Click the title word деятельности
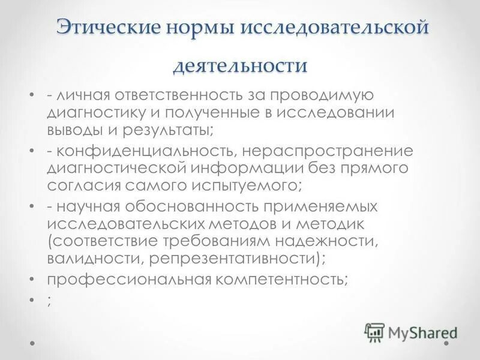pyautogui.click(x=240, y=64)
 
